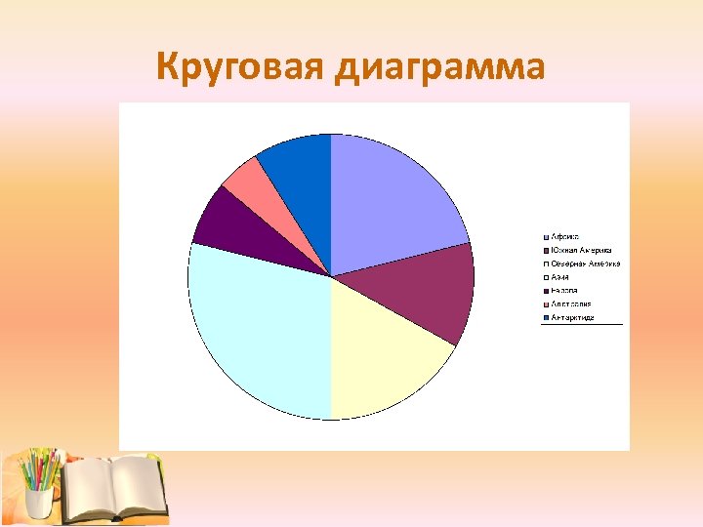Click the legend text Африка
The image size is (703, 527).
[x=565, y=237]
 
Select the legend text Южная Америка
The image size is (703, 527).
[x=582, y=251]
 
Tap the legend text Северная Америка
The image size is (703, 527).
[x=586, y=263]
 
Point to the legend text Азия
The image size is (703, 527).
[x=560, y=277]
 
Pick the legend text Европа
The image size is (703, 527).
[x=564, y=291]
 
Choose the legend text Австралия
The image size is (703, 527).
[x=571, y=304]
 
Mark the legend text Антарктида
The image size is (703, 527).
[x=573, y=317]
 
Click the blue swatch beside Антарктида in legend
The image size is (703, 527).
[x=547, y=317]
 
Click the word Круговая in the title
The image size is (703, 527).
[x=238, y=67]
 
